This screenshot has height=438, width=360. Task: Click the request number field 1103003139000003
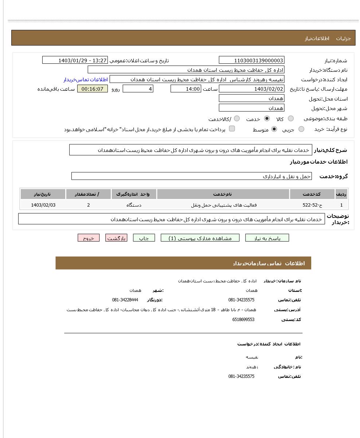pos(251,60)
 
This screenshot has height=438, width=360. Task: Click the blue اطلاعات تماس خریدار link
pos(86,79)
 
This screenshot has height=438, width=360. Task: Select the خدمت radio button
pos(267,118)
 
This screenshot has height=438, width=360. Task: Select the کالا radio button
pos(291,118)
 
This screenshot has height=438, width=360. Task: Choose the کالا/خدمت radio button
pos(237,118)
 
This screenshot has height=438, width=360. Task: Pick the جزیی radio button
pos(301,129)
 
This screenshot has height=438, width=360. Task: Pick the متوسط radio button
pos(274,129)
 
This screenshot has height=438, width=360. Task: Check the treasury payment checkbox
pos(232,129)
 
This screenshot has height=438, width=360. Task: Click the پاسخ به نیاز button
pos(267,238)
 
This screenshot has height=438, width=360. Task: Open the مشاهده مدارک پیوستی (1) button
pos(200,238)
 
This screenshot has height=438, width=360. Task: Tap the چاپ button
pos(144,238)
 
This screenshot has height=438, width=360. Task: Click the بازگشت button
pos(116,238)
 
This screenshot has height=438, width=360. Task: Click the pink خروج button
pos(89,238)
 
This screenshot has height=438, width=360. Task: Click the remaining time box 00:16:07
pos(93,89)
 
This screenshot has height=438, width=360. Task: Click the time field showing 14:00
pos(185,89)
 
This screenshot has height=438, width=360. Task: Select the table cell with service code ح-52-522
pos(312,205)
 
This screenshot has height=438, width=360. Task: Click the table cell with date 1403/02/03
pos(43,205)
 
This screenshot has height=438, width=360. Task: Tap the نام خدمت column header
pos(223,194)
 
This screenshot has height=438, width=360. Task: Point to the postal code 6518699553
pos(243,320)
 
